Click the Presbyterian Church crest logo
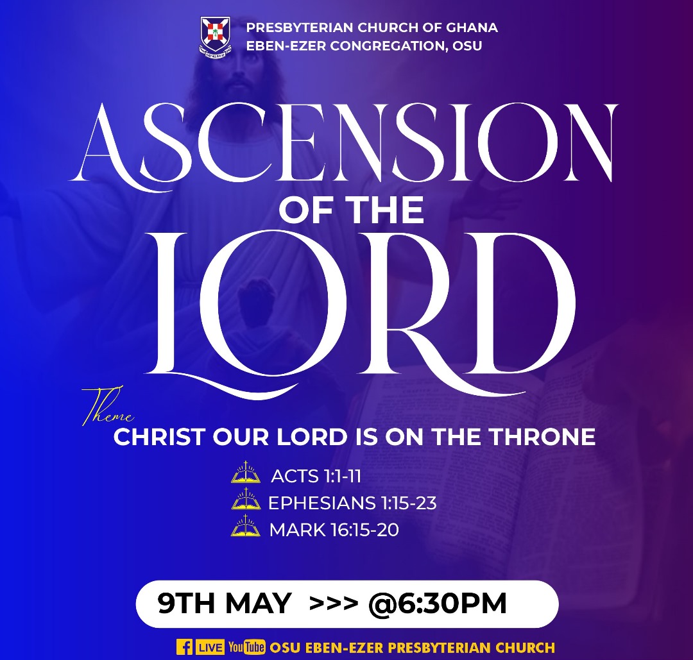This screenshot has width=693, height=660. click(214, 37)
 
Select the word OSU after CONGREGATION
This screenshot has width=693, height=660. click(467, 46)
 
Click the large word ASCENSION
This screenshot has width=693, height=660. click(343, 144)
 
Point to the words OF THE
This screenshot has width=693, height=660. click(352, 210)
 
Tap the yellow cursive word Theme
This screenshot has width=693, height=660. click(107, 407)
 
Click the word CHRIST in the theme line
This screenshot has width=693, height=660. click(159, 436)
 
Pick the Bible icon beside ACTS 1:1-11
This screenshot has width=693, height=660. click(246, 472)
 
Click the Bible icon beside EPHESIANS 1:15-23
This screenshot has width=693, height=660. click(246, 499)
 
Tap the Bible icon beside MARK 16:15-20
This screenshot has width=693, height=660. click(246, 526)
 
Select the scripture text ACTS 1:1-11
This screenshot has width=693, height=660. click(316, 476)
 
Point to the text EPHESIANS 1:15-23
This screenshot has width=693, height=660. click(352, 503)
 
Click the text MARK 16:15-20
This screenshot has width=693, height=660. click(334, 530)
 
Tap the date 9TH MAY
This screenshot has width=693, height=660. click(225, 604)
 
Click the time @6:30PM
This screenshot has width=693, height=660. click(438, 604)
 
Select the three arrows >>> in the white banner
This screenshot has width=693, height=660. click(334, 604)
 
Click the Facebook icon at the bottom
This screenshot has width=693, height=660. click(184, 647)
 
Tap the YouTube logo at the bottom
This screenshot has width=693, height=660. click(247, 647)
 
